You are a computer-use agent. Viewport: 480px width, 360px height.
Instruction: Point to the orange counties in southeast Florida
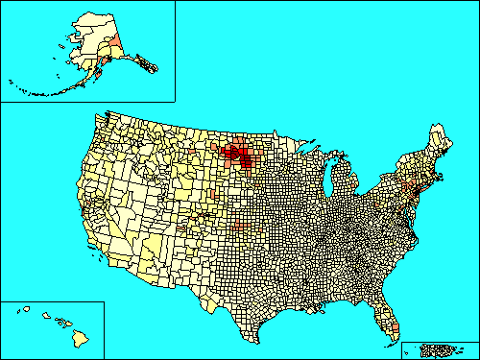click(392, 332)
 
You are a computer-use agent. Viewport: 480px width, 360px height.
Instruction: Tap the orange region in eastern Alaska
click(116, 39)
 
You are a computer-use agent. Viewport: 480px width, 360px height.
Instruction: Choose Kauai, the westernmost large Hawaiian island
click(21, 309)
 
